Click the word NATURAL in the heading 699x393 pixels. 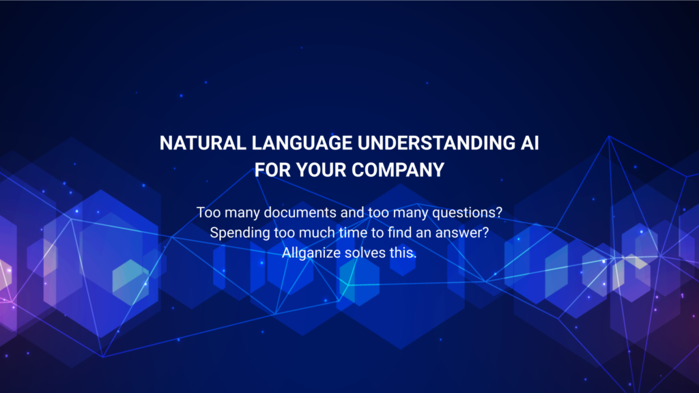click(x=203, y=143)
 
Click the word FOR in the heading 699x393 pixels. click(x=272, y=170)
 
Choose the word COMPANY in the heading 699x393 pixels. click(x=398, y=170)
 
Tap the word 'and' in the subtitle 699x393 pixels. click(x=353, y=213)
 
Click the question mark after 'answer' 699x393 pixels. click(x=486, y=233)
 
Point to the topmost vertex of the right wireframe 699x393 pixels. click(x=609, y=136)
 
